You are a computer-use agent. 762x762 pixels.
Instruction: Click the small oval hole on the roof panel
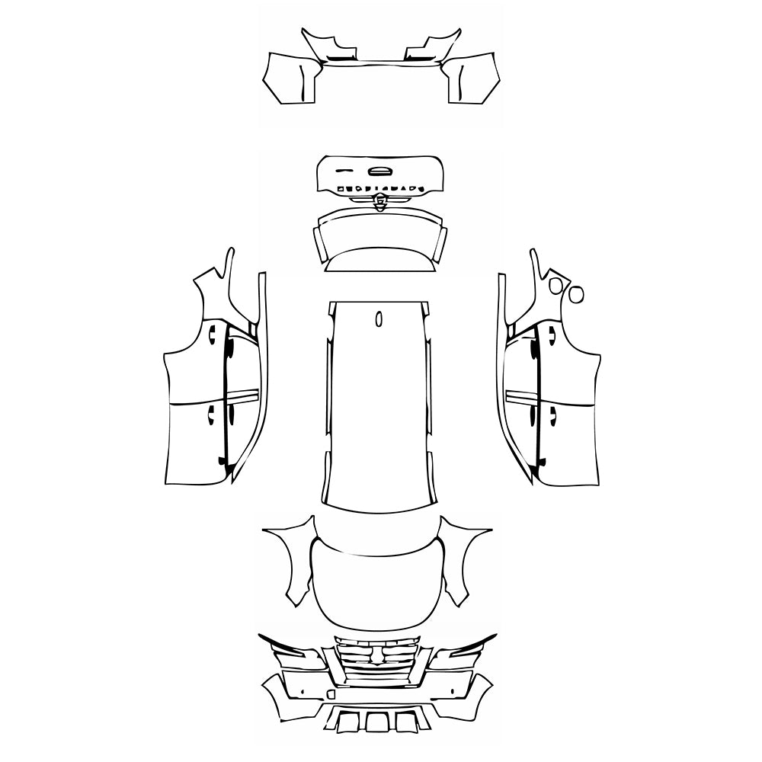click(379, 319)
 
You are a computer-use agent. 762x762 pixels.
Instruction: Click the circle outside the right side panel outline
click(576, 292)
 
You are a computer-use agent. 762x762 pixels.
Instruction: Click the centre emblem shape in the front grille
click(378, 652)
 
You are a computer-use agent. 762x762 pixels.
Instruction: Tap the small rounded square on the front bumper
click(331, 694)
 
